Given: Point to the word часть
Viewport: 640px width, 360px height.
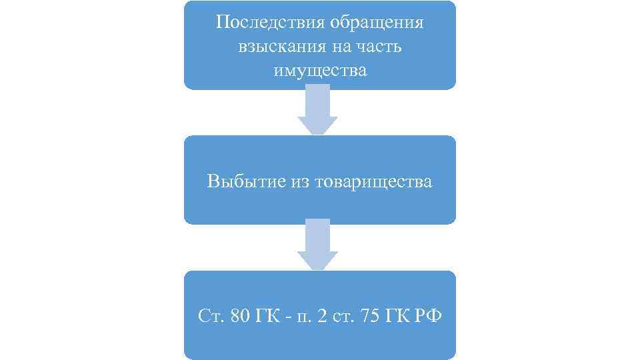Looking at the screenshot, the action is click(x=383, y=47).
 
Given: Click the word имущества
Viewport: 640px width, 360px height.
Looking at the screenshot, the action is click(x=320, y=71).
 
